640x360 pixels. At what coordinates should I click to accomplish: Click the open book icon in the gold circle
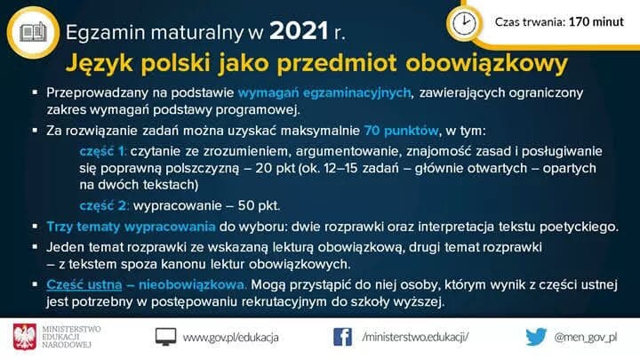[x=33, y=32]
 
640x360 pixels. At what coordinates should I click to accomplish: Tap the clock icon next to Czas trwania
[x=464, y=22]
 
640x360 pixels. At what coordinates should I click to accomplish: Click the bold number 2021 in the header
[x=299, y=31]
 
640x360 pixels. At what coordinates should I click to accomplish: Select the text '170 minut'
[x=596, y=21]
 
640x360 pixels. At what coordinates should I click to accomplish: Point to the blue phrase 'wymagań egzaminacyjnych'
[x=324, y=93]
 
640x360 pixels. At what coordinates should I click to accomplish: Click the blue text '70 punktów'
[x=401, y=131]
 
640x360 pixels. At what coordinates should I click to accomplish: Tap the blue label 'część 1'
[x=102, y=151]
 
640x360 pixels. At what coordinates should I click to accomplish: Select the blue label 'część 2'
[x=104, y=205]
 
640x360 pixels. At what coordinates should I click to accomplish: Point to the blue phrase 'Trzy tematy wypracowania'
[x=131, y=227]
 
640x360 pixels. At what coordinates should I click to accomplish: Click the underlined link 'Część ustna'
[x=84, y=284]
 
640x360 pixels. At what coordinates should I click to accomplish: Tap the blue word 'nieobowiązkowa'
[x=191, y=284]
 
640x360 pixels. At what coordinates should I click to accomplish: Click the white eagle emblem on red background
[x=25, y=337]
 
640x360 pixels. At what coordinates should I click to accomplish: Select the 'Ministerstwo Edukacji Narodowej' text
[x=71, y=337]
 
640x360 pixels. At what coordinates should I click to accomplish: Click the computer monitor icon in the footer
[x=165, y=337]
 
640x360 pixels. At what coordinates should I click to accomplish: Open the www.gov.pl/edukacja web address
[x=230, y=338]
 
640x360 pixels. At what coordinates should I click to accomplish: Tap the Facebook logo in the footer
[x=342, y=337]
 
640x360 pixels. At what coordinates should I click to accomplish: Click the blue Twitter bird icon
[x=536, y=337]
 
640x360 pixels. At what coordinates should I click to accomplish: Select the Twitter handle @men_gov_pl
[x=585, y=338]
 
